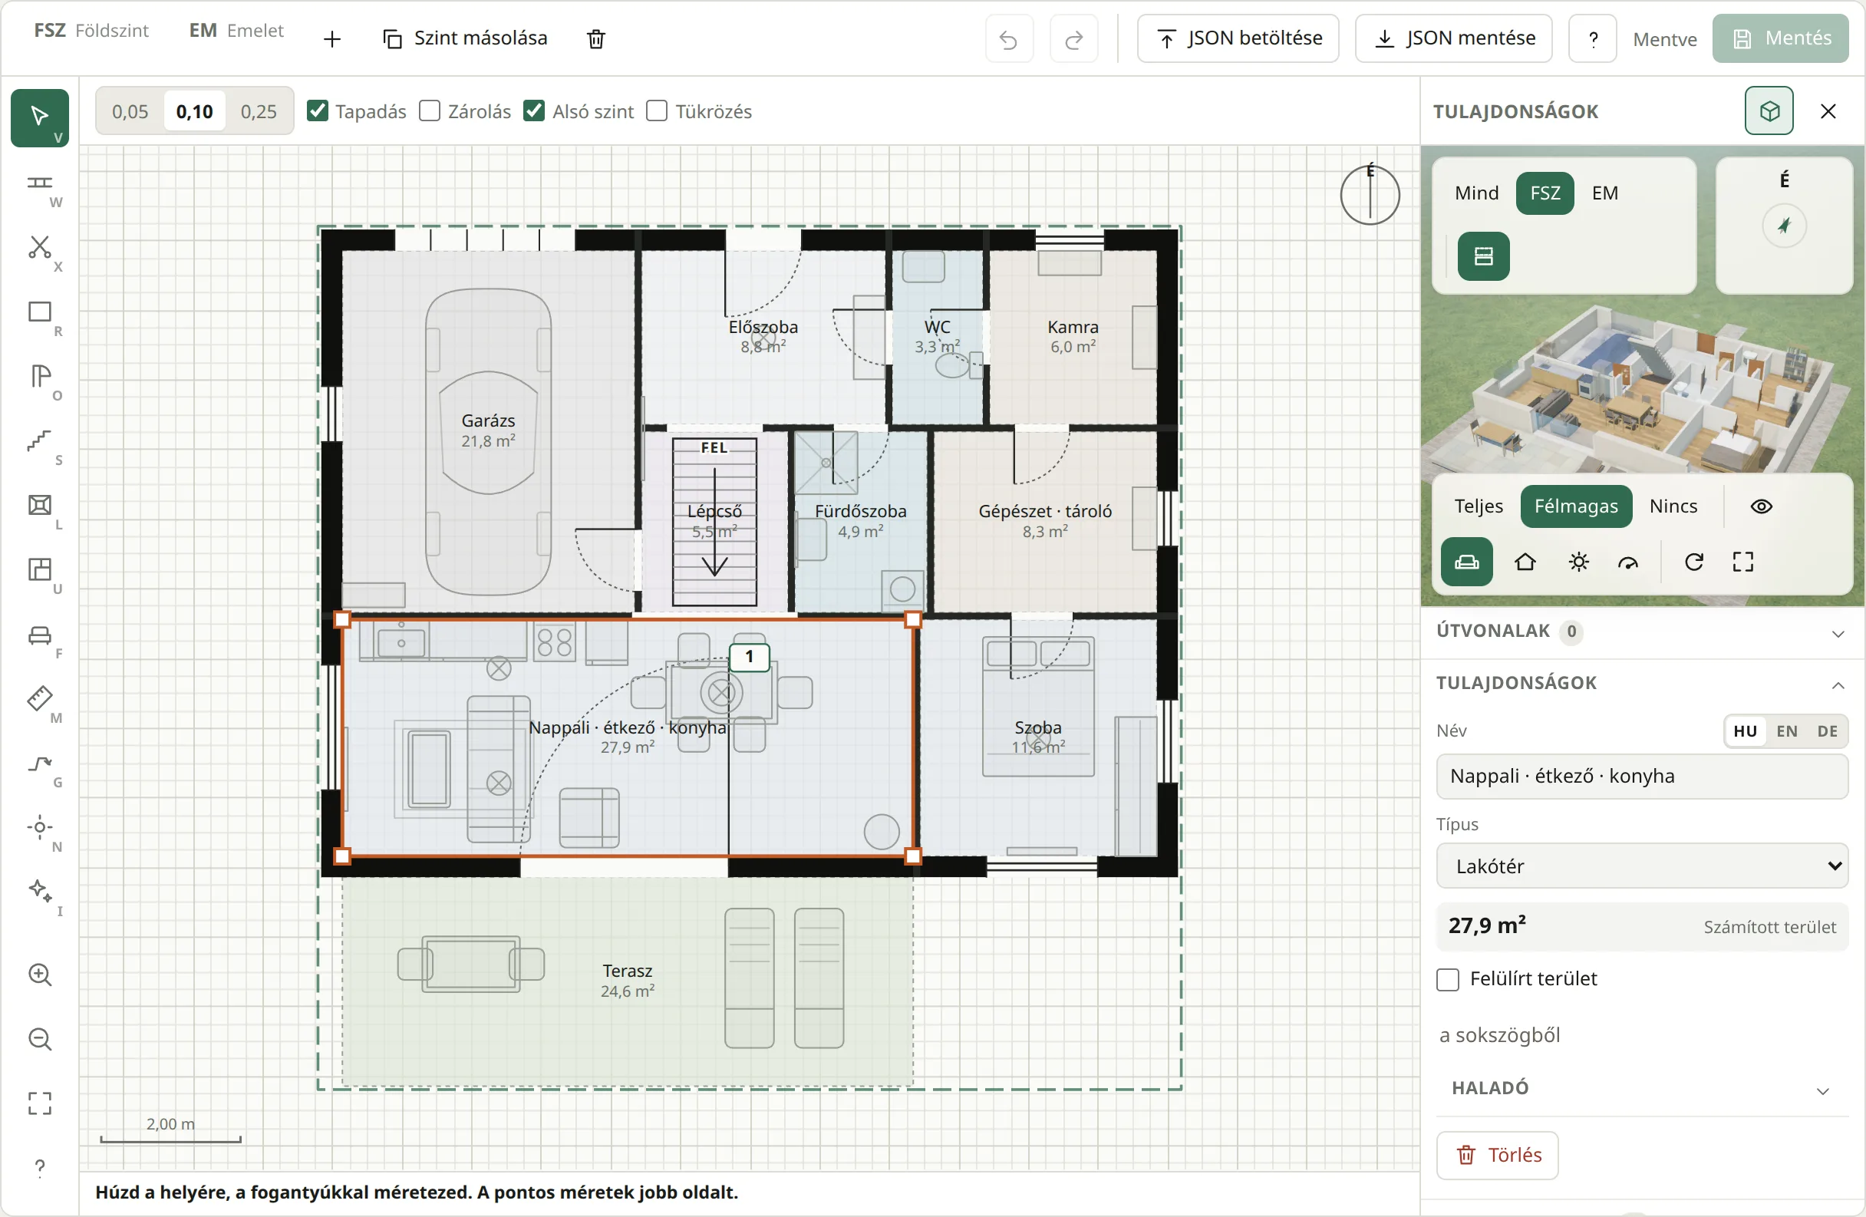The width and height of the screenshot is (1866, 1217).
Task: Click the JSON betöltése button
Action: [x=1238, y=38]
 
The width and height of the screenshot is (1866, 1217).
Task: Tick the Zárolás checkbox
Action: [x=430, y=111]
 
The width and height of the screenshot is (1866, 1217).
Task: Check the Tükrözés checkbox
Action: [x=657, y=111]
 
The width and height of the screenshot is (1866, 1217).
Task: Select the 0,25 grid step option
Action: [x=259, y=111]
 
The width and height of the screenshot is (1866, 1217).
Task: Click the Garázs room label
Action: [x=489, y=421]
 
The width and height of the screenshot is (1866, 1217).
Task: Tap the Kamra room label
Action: [x=1073, y=327]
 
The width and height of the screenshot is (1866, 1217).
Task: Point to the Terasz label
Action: [x=627, y=971]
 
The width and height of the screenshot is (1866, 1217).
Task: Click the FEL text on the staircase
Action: [x=714, y=448]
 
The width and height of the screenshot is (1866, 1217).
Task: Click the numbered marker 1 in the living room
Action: [x=750, y=657]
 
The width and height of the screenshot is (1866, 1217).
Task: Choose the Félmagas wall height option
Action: [x=1576, y=506]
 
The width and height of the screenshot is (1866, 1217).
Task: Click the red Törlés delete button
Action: [x=1498, y=1155]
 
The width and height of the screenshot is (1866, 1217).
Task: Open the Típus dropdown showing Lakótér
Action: [x=1642, y=866]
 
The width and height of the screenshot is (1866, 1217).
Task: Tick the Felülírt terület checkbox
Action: [x=1448, y=979]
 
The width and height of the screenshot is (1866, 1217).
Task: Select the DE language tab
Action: [x=1827, y=731]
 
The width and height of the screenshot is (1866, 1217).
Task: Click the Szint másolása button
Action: [x=465, y=38]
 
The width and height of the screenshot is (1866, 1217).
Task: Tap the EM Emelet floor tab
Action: [x=236, y=31]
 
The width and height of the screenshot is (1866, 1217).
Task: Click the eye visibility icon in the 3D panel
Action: [x=1761, y=506]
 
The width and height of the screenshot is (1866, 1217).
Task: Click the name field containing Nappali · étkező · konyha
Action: [x=1642, y=777]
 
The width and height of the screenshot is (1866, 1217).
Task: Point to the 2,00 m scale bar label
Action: [x=170, y=1123]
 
